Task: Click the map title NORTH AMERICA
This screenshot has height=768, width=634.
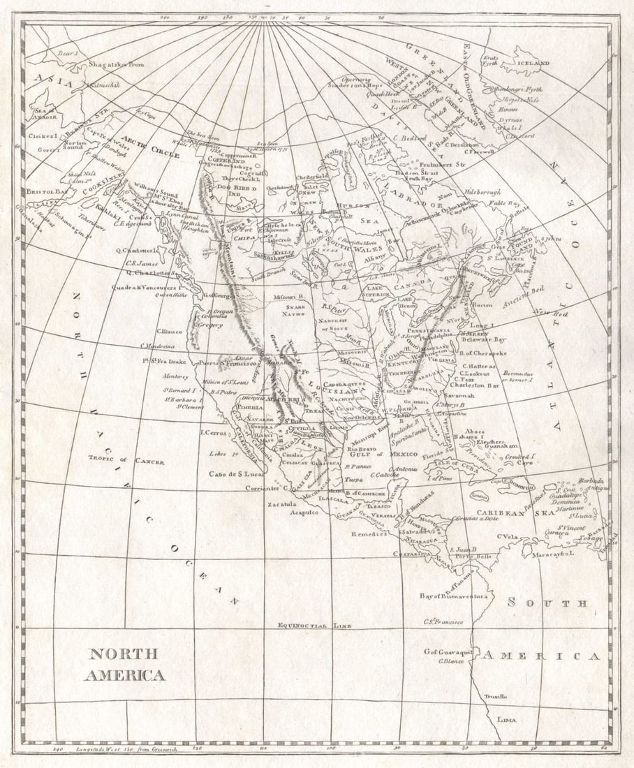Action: coord(124,664)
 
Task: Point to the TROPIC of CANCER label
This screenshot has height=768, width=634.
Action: coord(126,461)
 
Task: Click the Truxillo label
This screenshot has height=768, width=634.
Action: coord(497,696)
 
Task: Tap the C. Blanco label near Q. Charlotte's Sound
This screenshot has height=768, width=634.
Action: coord(170,331)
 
